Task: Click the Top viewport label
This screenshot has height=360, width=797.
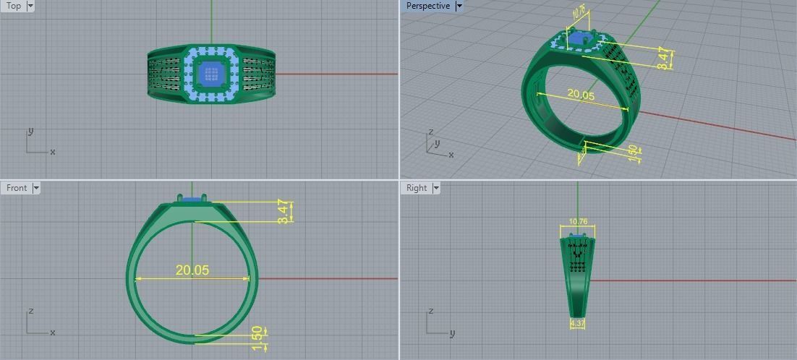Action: click(x=14, y=6)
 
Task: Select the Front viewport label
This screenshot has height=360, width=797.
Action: click(x=17, y=188)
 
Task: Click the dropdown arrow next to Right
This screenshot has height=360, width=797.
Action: click(x=436, y=188)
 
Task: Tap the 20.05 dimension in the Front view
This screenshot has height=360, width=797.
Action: click(x=192, y=270)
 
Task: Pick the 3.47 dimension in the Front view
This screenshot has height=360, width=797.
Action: click(x=284, y=211)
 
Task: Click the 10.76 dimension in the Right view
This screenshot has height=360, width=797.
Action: click(x=578, y=222)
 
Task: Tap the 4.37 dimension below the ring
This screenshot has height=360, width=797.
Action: click(x=578, y=323)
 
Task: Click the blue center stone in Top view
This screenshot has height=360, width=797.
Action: click(x=211, y=73)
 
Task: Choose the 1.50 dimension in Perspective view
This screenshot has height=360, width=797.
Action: click(x=633, y=153)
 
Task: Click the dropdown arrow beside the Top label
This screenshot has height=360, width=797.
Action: click(x=30, y=6)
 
